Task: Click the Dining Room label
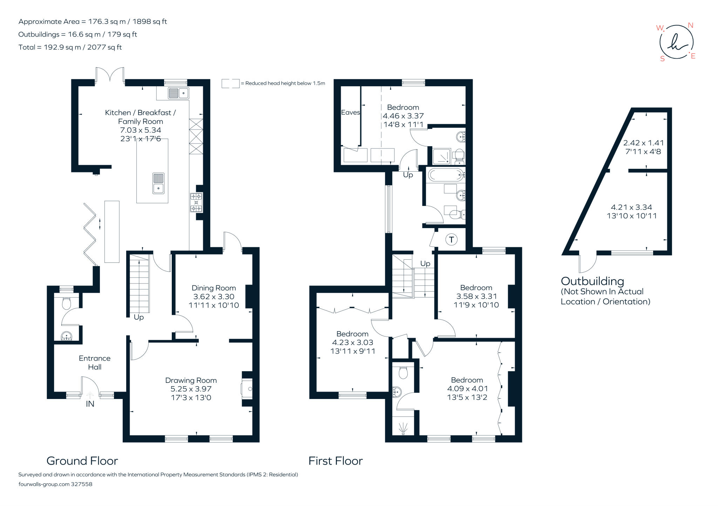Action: tap(214, 288)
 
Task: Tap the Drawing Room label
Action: tap(191, 380)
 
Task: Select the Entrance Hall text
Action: tap(95, 362)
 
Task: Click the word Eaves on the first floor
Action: tap(351, 112)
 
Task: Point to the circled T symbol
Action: tap(452, 240)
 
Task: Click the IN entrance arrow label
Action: tap(90, 404)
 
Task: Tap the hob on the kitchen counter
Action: tap(196, 202)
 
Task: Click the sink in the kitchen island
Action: tap(158, 183)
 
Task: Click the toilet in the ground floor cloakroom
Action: tap(66, 303)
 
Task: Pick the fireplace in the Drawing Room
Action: tap(247, 389)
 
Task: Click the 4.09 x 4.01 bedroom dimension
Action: tap(467, 389)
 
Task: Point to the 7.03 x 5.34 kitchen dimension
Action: tap(141, 130)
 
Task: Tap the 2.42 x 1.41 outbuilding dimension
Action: tap(643, 143)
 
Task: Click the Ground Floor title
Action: tap(82, 461)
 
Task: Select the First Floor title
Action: tap(336, 461)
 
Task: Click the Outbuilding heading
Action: tap(592, 281)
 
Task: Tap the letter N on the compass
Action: tap(690, 25)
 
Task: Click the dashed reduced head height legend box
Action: tap(230, 84)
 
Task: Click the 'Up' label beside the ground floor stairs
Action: tap(139, 318)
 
